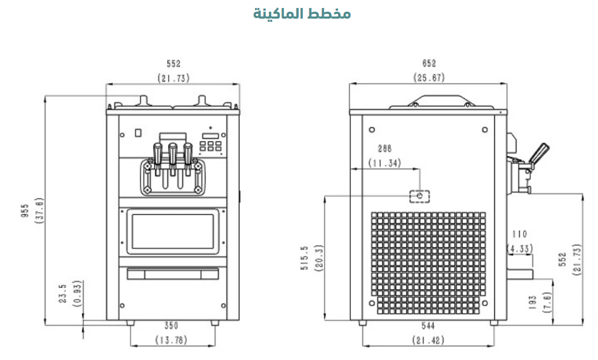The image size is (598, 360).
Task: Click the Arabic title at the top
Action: point(302,14)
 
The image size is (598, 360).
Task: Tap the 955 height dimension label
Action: point(25,211)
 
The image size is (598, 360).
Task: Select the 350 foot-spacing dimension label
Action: point(171,325)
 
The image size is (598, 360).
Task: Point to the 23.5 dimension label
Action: point(63,293)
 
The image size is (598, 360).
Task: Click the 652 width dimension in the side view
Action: point(429,63)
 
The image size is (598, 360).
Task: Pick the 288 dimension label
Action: point(384,148)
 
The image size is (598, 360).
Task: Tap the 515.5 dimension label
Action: point(305,258)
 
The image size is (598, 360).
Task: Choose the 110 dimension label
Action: point(519,234)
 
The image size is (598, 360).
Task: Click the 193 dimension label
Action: point(533,302)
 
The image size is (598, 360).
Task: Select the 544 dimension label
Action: point(428,325)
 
